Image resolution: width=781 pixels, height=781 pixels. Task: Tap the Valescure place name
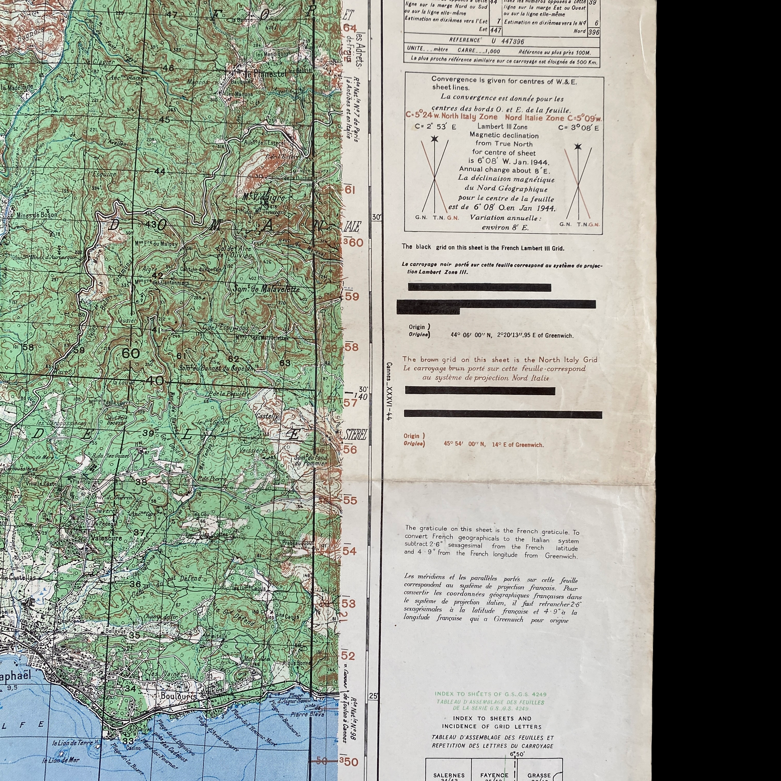107,538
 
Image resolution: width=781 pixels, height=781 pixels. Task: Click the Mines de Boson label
37,215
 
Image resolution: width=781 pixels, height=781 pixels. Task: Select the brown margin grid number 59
351,296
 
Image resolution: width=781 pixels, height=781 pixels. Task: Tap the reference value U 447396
508,41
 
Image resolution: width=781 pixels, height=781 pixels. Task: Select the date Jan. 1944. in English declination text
529,162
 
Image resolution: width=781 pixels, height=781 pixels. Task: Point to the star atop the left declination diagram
434,139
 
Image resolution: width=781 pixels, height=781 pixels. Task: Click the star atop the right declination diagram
578,146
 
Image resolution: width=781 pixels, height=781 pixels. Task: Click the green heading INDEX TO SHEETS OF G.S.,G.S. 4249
490,694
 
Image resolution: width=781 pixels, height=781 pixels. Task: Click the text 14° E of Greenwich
517,445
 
